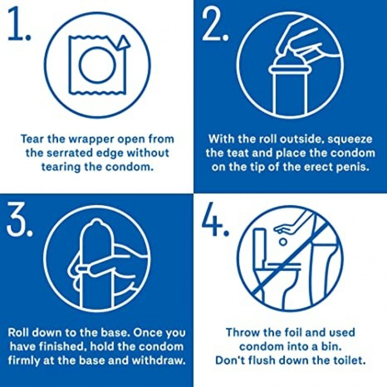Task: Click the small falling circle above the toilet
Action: (x=284, y=242)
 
